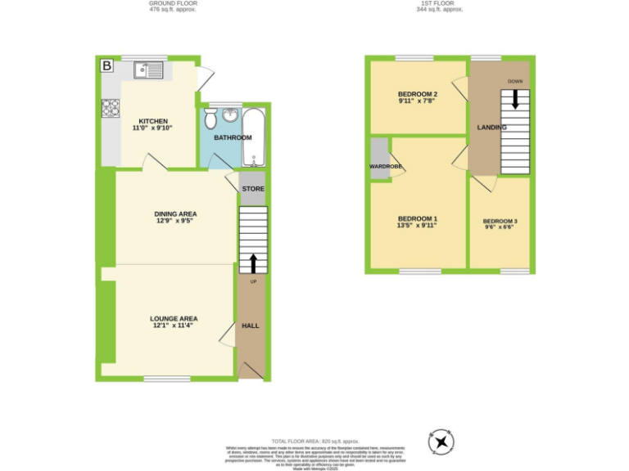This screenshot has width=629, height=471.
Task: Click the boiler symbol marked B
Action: point(106,65)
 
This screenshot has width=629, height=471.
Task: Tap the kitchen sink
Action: point(149,70)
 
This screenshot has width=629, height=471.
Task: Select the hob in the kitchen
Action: point(110,108)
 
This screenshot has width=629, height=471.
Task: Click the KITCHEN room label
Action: point(153,121)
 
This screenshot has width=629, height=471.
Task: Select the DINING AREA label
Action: point(176,214)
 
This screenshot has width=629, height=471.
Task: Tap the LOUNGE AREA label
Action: point(174,319)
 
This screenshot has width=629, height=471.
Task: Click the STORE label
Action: point(253,190)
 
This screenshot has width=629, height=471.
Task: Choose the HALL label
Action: point(251,325)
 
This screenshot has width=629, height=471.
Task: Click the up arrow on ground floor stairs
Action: point(252,262)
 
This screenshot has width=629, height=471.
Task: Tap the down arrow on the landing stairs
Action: point(514,98)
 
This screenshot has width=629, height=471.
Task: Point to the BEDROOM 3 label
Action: point(500,222)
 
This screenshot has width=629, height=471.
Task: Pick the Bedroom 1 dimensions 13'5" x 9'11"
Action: point(418,226)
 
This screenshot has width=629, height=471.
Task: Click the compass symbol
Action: point(441,442)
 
